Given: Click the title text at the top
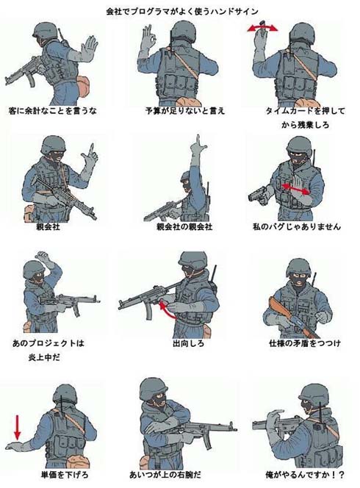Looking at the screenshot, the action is (x=182, y=12).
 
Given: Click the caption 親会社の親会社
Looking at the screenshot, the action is (x=184, y=226).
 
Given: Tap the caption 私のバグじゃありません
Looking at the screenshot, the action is (x=297, y=226).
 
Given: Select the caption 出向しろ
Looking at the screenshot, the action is (x=188, y=344).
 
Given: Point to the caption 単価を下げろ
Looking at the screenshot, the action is (x=65, y=475).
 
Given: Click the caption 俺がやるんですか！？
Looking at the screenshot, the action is (x=305, y=475).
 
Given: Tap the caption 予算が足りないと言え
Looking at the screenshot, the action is (x=185, y=111).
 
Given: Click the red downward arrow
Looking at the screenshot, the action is (x=18, y=427).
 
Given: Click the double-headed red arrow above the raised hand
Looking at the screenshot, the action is (x=262, y=29).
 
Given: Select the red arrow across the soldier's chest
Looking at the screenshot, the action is (x=296, y=189).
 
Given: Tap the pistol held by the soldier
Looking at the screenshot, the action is (x=259, y=195).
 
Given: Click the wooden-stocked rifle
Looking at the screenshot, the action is (x=292, y=317).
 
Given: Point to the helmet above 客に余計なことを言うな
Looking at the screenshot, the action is (x=46, y=30).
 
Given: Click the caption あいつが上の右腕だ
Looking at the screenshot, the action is (x=165, y=475).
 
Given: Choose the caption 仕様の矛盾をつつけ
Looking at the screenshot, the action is (x=305, y=344).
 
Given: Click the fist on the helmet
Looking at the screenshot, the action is (x=43, y=257).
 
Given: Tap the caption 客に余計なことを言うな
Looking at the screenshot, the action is (x=53, y=111).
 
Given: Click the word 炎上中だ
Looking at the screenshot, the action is (x=44, y=358).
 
